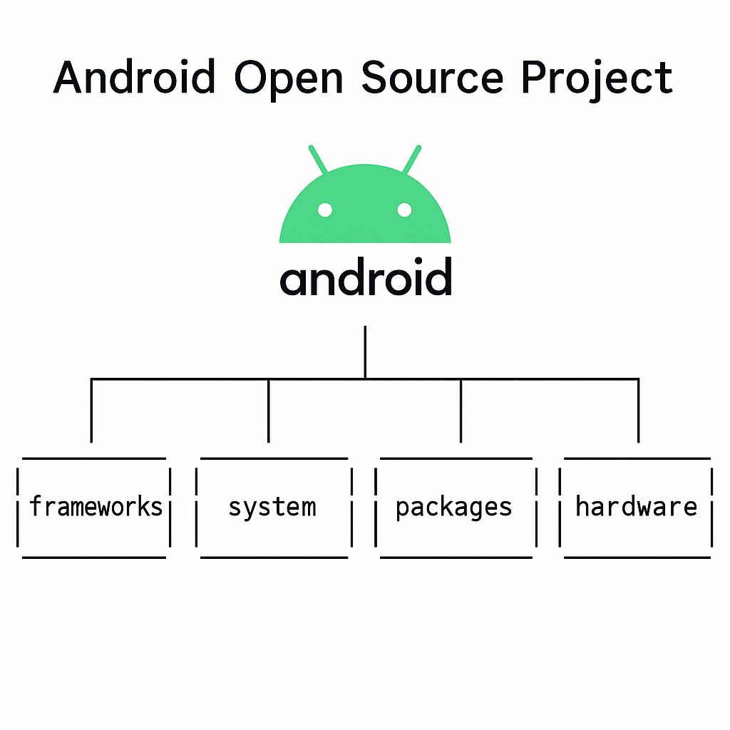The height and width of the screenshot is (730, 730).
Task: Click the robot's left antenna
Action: point(318,160)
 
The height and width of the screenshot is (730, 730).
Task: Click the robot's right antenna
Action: point(412,160)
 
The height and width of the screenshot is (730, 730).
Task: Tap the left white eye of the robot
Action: point(325,210)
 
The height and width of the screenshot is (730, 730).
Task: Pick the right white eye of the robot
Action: point(404,210)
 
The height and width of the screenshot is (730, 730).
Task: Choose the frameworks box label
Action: point(96,507)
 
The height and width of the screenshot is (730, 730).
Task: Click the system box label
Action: point(272,508)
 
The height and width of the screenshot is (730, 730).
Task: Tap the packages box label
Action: point(454,508)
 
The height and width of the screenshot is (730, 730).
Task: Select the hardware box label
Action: point(636,507)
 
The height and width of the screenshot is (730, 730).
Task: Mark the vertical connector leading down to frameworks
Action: point(91,411)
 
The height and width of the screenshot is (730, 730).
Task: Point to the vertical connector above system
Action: point(269,411)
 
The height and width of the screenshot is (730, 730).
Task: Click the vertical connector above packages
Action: point(461,411)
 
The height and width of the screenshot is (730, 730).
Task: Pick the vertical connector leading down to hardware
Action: point(638,411)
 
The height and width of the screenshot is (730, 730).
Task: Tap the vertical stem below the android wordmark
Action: point(365,351)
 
